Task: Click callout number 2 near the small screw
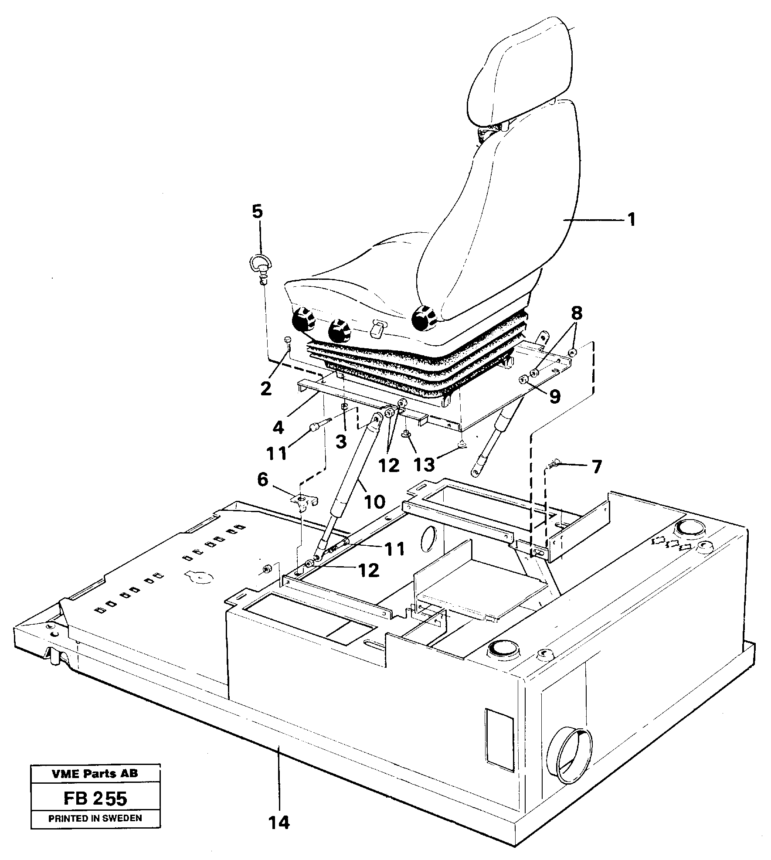[x=265, y=388]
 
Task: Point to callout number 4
[x=278, y=427]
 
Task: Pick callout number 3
[x=341, y=441]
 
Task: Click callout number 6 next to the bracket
[x=263, y=480]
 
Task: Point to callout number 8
[x=577, y=313]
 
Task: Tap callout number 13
[x=425, y=464]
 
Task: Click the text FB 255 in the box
[x=95, y=799]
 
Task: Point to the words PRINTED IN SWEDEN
[x=95, y=818]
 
